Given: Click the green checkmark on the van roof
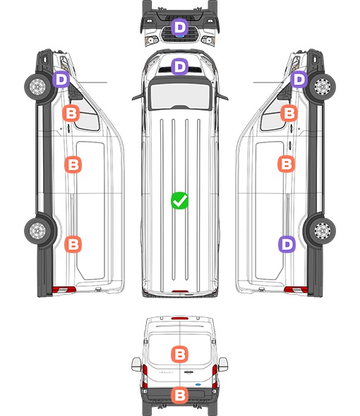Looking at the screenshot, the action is click(x=179, y=200).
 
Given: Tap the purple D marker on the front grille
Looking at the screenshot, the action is click(x=179, y=27).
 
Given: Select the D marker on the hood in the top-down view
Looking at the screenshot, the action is click(x=179, y=66).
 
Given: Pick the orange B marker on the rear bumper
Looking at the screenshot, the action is click(x=179, y=396).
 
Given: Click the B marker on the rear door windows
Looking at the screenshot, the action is click(x=179, y=354).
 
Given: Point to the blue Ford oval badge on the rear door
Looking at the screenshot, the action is click(x=198, y=384).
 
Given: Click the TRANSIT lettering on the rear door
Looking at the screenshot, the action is click(x=166, y=372).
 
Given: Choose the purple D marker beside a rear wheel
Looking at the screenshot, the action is click(x=287, y=245).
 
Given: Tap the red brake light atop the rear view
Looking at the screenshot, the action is click(x=179, y=318).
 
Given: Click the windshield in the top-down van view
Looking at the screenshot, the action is click(x=180, y=95).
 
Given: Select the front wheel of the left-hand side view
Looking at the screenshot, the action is click(x=37, y=87).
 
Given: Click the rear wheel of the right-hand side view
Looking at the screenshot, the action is click(x=322, y=231).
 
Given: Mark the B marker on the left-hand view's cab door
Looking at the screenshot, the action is click(x=71, y=114).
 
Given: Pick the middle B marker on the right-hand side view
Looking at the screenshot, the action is click(x=287, y=164).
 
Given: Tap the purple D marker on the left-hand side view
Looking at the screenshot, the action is click(x=61, y=79).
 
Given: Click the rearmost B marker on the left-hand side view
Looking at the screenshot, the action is click(x=73, y=244).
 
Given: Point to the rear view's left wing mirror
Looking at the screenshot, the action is click(x=136, y=365).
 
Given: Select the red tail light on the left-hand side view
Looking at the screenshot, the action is click(x=64, y=290).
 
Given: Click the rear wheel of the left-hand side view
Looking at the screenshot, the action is click(x=37, y=231).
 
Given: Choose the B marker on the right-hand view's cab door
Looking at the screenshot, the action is click(x=289, y=114).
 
